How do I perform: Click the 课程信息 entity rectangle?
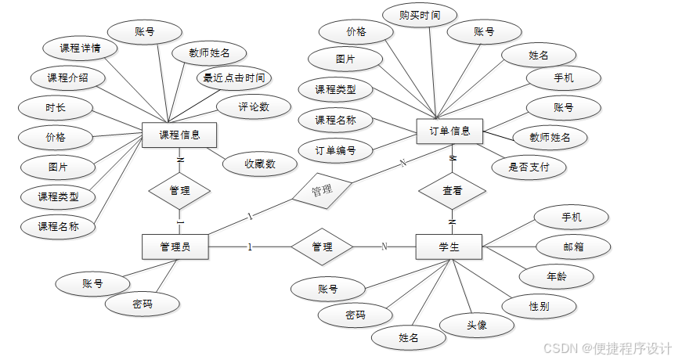(x=179, y=135)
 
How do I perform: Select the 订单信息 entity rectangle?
(x=450, y=131)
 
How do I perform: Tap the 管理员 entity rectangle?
(x=175, y=247)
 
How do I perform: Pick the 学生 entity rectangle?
(x=449, y=247)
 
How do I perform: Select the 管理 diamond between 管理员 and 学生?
(x=322, y=247)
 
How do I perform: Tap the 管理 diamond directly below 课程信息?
(x=179, y=190)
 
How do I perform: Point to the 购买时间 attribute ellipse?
(x=420, y=15)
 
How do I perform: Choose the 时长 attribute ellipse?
(x=56, y=106)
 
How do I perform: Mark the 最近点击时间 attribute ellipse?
(x=234, y=77)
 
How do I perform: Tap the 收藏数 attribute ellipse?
(x=259, y=164)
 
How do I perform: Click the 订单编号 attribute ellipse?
(x=335, y=149)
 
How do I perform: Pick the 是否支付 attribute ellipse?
(x=529, y=166)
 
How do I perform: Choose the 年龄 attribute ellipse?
(x=557, y=275)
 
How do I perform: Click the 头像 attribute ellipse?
(x=477, y=325)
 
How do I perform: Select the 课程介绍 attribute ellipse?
(x=67, y=77)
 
